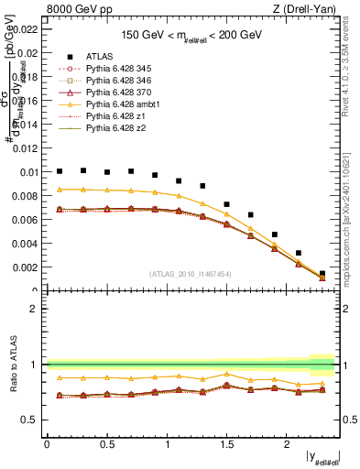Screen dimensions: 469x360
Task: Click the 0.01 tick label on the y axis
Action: click(27, 172)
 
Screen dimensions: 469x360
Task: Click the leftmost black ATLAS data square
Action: click(60, 171)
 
